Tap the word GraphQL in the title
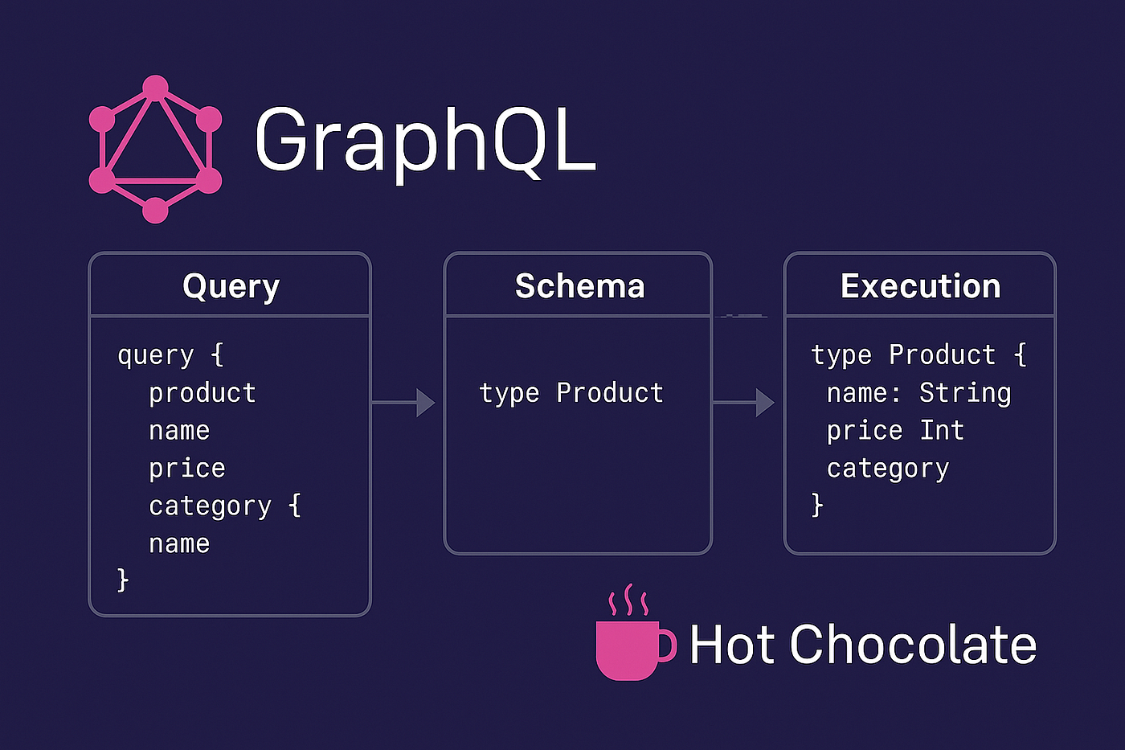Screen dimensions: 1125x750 click(426, 143)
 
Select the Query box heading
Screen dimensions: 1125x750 click(231, 287)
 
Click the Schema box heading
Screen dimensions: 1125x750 click(579, 286)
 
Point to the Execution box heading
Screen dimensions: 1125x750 click(921, 286)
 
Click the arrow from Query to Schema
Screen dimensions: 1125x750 click(403, 403)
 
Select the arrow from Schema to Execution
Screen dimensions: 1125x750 click(744, 403)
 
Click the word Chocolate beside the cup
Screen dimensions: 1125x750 click(913, 645)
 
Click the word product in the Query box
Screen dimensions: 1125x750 click(202, 393)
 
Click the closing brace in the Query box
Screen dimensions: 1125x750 click(122, 580)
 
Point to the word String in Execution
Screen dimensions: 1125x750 click(965, 393)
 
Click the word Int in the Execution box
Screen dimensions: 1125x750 click(942, 431)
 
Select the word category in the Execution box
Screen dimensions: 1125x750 click(888, 469)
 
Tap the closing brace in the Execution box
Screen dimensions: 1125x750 click(817, 505)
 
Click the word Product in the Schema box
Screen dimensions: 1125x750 click(610, 393)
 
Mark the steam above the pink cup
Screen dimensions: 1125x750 click(628, 600)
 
